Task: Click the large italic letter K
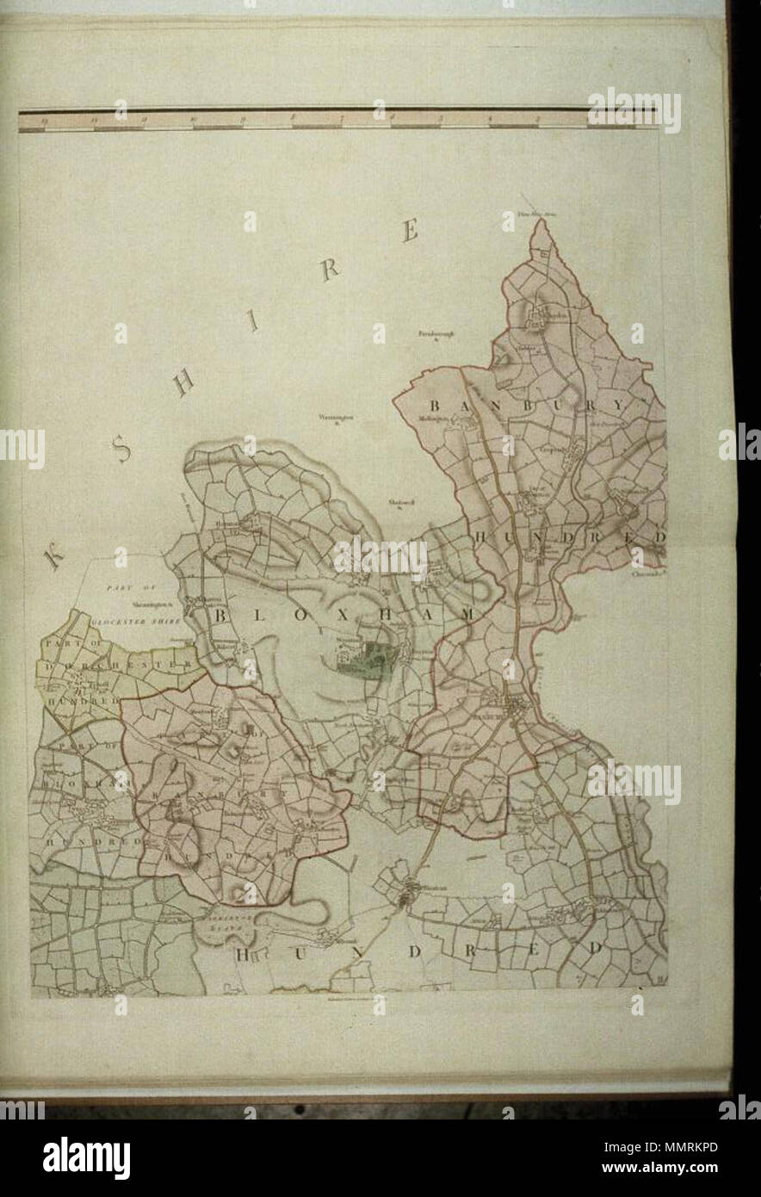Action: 53,558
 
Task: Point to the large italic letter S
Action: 123,448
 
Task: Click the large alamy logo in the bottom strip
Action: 86,1156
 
